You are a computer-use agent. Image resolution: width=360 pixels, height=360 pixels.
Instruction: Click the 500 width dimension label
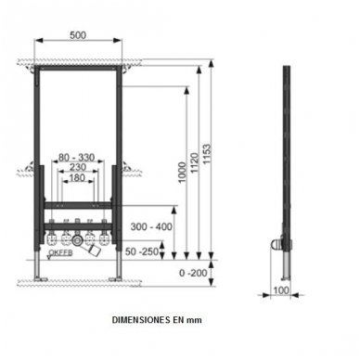click(78, 35)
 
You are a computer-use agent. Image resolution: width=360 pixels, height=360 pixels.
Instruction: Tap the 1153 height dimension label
click(206, 153)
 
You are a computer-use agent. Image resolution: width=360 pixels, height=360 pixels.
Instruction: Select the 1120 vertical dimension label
click(194, 163)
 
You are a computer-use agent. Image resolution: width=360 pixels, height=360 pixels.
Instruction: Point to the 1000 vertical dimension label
click(183, 173)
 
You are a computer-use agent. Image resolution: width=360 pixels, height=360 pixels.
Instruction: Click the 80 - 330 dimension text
click(76, 158)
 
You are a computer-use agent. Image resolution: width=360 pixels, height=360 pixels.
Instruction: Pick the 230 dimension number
click(78, 167)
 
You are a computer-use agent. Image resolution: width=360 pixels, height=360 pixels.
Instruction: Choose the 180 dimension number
click(77, 178)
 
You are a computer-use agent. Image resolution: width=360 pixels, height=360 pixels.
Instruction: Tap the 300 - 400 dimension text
click(151, 226)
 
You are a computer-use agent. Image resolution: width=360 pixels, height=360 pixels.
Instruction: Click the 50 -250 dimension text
click(142, 251)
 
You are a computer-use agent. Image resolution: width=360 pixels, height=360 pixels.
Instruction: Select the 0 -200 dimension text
click(193, 273)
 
